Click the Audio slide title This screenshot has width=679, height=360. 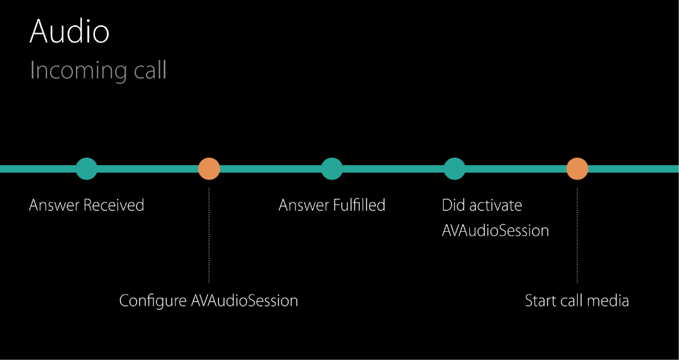coord(69,31)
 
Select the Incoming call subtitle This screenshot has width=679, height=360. coord(98,70)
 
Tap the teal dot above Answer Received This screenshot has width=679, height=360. coord(87,168)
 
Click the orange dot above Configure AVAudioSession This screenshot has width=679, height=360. coord(209,168)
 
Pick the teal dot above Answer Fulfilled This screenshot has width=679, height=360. coord(331,168)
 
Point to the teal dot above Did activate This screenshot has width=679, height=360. coord(454,168)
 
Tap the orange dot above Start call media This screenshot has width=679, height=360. coord(577,168)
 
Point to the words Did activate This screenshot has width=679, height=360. coord(482,205)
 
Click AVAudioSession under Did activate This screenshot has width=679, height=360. coord(495,231)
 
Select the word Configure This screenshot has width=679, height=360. coord(153,301)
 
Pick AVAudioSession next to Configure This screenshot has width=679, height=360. coord(245,301)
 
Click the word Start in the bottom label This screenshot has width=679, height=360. coord(540,301)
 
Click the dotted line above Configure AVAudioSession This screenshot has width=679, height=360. coord(209,236)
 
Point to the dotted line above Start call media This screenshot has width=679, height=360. coord(577,236)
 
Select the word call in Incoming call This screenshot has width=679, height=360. coord(150,70)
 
